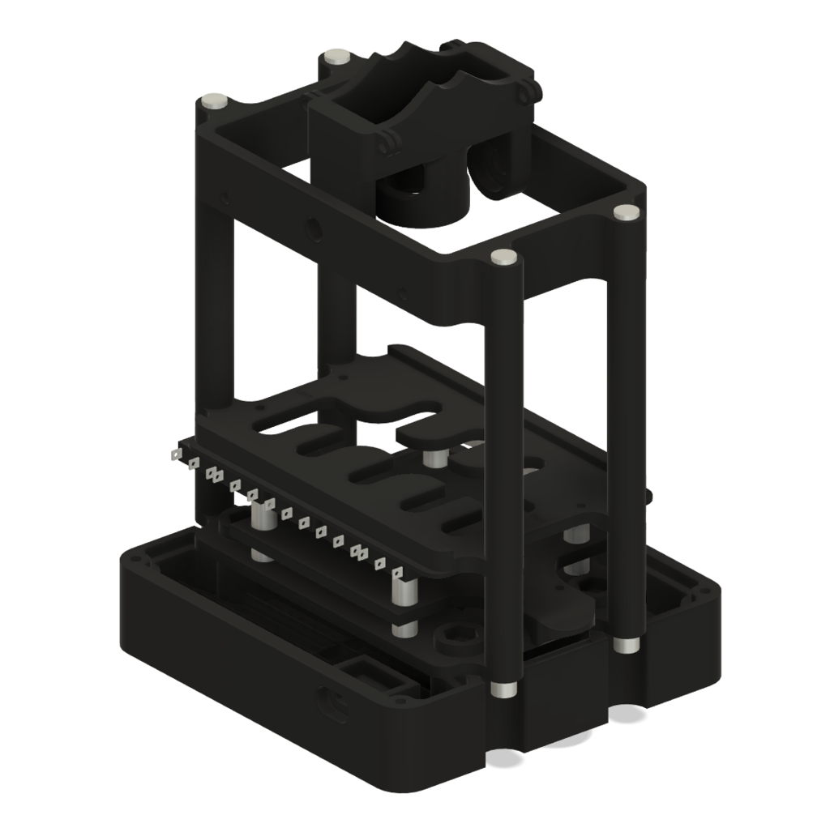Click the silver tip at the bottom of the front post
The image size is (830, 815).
(503, 689)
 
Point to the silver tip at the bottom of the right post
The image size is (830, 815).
(624, 645)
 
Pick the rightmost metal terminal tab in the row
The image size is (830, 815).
(398, 574)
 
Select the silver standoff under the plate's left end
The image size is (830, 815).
(262, 518)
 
